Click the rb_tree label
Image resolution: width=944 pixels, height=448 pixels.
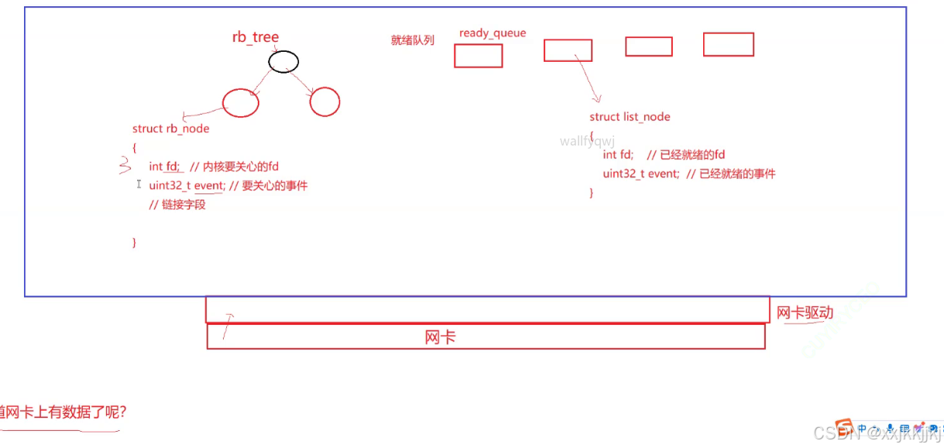pos(255,37)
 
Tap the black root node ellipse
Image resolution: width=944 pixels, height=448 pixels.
pos(283,61)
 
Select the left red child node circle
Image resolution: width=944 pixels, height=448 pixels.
pos(240,103)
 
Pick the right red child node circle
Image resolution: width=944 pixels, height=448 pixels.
pos(324,101)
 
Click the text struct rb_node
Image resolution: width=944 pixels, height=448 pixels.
pos(170,128)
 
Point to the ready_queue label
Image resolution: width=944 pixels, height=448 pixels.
pos(492,33)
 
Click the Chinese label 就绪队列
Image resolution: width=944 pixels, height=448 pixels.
pos(412,40)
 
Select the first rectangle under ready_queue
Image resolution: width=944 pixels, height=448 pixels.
pos(478,56)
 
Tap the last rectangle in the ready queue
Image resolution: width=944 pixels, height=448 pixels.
pos(728,44)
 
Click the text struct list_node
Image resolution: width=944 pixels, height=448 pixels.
pos(630,117)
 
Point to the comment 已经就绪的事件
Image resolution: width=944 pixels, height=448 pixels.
pos(737,173)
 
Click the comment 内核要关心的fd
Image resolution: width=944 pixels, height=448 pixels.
pos(242,166)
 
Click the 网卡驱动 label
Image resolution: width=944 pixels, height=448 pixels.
pos(805,313)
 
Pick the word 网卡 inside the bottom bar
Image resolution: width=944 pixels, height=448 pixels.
pos(440,337)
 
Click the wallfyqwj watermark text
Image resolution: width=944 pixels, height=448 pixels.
pos(587,142)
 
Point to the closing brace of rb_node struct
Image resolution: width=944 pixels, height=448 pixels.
pos(135,242)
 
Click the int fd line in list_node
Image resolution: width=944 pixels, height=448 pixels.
pos(618,155)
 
